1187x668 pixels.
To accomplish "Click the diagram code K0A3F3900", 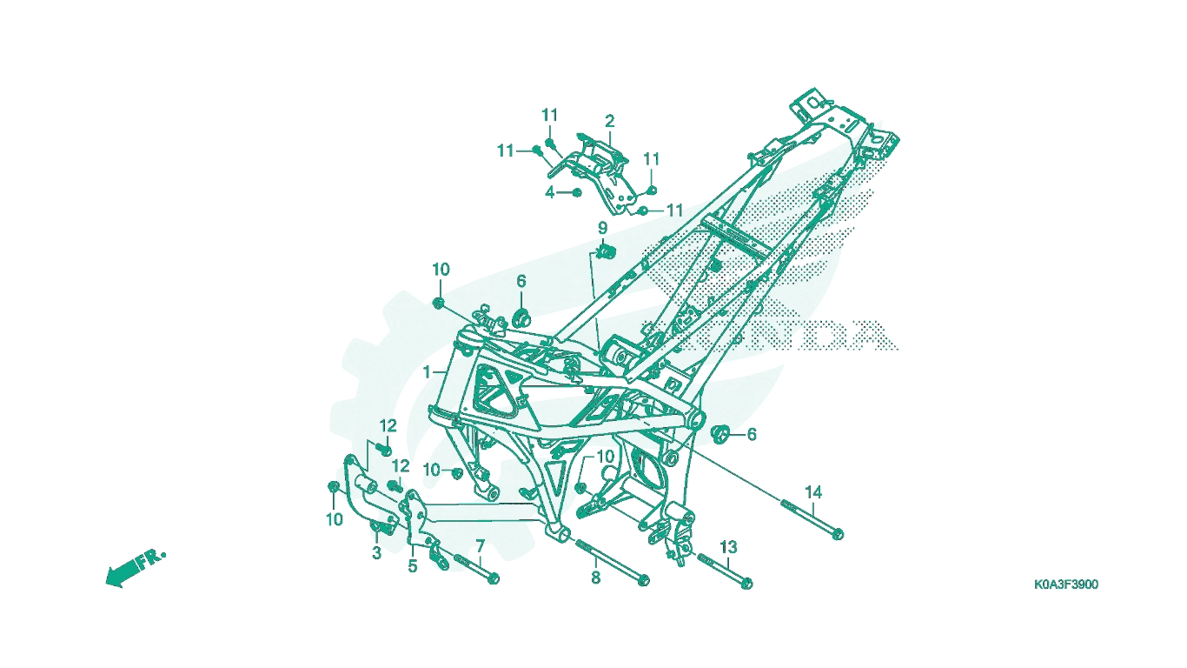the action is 1066,584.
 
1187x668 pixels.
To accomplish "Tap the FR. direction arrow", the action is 136,568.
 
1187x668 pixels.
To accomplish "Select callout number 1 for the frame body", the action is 427,372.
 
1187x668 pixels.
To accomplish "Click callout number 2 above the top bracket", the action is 610,122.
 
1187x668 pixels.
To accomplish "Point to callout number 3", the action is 376,553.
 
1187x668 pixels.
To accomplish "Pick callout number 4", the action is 550,192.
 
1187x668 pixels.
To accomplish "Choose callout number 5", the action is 413,566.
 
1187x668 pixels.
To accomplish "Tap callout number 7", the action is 480,546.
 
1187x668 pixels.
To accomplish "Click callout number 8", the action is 595,578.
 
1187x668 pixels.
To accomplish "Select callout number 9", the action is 602,228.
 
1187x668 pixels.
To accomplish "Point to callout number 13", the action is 728,546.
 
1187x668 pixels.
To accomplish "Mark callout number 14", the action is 813,492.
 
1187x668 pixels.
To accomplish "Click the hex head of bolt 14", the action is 838,534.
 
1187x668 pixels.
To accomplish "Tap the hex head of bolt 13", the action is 746,584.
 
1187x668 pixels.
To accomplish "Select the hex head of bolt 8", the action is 643,580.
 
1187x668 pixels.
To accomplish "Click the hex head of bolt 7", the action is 493,578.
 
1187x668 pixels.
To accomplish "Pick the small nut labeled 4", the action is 577,192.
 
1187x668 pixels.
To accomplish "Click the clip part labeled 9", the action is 607,251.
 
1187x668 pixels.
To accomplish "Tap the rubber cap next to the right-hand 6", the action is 719,433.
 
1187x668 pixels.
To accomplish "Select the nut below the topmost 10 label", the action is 438,303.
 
